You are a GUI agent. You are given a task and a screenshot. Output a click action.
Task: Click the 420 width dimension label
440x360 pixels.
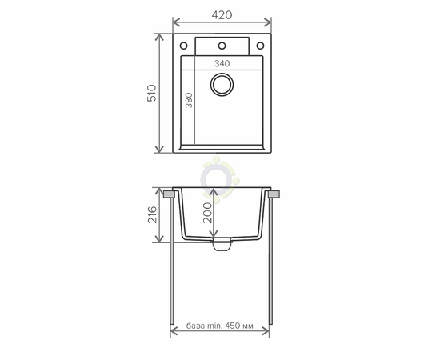pyautogui.click(x=222, y=15)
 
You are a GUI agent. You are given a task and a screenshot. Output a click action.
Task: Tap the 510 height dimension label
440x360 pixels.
pyautogui.click(x=152, y=93)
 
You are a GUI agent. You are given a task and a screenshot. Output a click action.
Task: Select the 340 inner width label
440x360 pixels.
pyautogui.click(x=222, y=64)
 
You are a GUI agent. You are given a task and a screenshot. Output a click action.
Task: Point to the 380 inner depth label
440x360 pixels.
pyautogui.click(x=189, y=100)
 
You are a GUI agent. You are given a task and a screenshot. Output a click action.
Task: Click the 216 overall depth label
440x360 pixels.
pyautogui.click(x=152, y=214)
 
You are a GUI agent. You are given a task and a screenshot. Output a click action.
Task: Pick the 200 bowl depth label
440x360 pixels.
pyautogui.click(x=207, y=213)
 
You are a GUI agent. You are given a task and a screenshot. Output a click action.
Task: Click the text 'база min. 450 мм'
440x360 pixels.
pyautogui.click(x=219, y=326)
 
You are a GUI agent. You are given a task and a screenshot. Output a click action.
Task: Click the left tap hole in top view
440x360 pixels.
pyautogui.click(x=183, y=46)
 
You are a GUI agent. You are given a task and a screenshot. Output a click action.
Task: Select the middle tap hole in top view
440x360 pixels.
pyautogui.click(x=222, y=46)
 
